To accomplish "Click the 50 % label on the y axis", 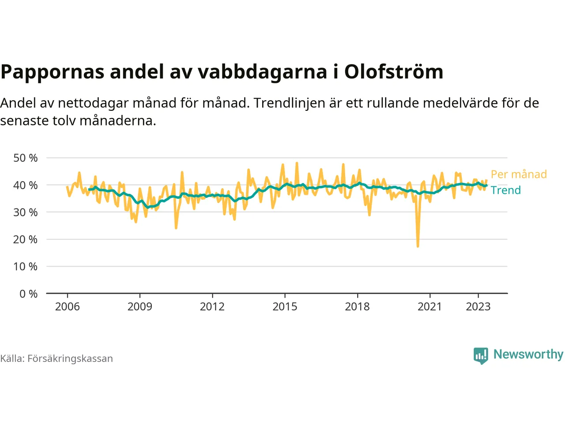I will click(26, 158).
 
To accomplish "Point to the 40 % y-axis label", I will click(26, 185).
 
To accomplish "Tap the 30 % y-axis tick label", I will click(26, 212).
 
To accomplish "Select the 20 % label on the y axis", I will click(26, 239).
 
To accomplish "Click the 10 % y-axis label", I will click(26, 267).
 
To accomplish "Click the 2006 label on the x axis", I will click(68, 307).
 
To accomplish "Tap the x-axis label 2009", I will click(140, 307).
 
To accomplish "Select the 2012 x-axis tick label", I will click(212, 307).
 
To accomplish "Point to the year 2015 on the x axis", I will click(285, 307).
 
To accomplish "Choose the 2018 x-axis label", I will click(357, 307).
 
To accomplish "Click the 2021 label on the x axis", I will click(429, 307).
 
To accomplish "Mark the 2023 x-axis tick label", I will click(478, 307).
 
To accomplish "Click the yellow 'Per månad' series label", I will click(519, 174).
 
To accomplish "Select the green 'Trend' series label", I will click(506, 190).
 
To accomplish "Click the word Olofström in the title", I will click(394, 72).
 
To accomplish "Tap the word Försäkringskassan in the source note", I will click(70, 359).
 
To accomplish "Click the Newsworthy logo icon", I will click(481, 355).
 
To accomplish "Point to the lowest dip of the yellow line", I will click(418, 246).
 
